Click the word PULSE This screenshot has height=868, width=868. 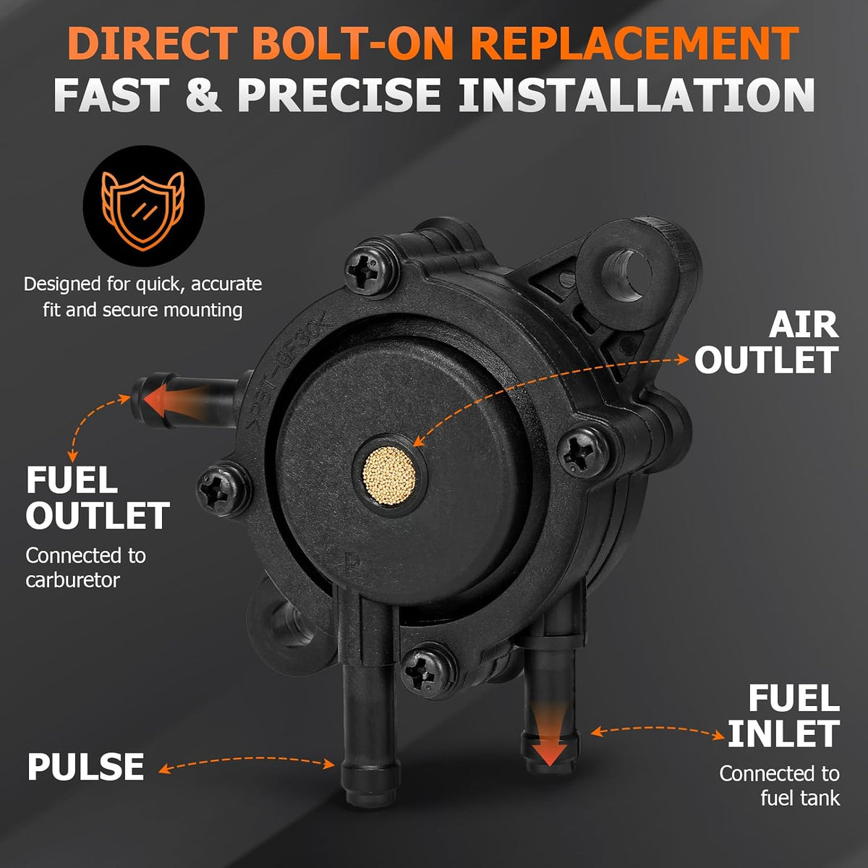pyautogui.click(x=85, y=767)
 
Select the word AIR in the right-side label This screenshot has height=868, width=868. pyautogui.click(x=804, y=325)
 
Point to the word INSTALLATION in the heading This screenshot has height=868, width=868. pyautogui.click(x=636, y=95)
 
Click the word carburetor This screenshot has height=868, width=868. pyautogui.click(x=72, y=580)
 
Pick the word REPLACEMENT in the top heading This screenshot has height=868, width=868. pyautogui.click(x=634, y=44)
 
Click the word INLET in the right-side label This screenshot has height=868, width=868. pyautogui.click(x=783, y=733)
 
